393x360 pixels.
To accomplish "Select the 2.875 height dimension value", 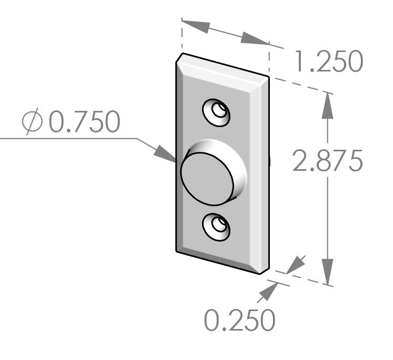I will [327, 161].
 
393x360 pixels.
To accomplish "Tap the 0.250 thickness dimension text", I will [239, 320].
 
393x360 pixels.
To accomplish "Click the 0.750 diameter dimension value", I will [84, 122].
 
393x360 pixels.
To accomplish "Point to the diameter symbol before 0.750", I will [32, 122].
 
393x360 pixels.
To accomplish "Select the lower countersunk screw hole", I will [217, 227].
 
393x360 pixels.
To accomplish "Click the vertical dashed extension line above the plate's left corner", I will [182, 37].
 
